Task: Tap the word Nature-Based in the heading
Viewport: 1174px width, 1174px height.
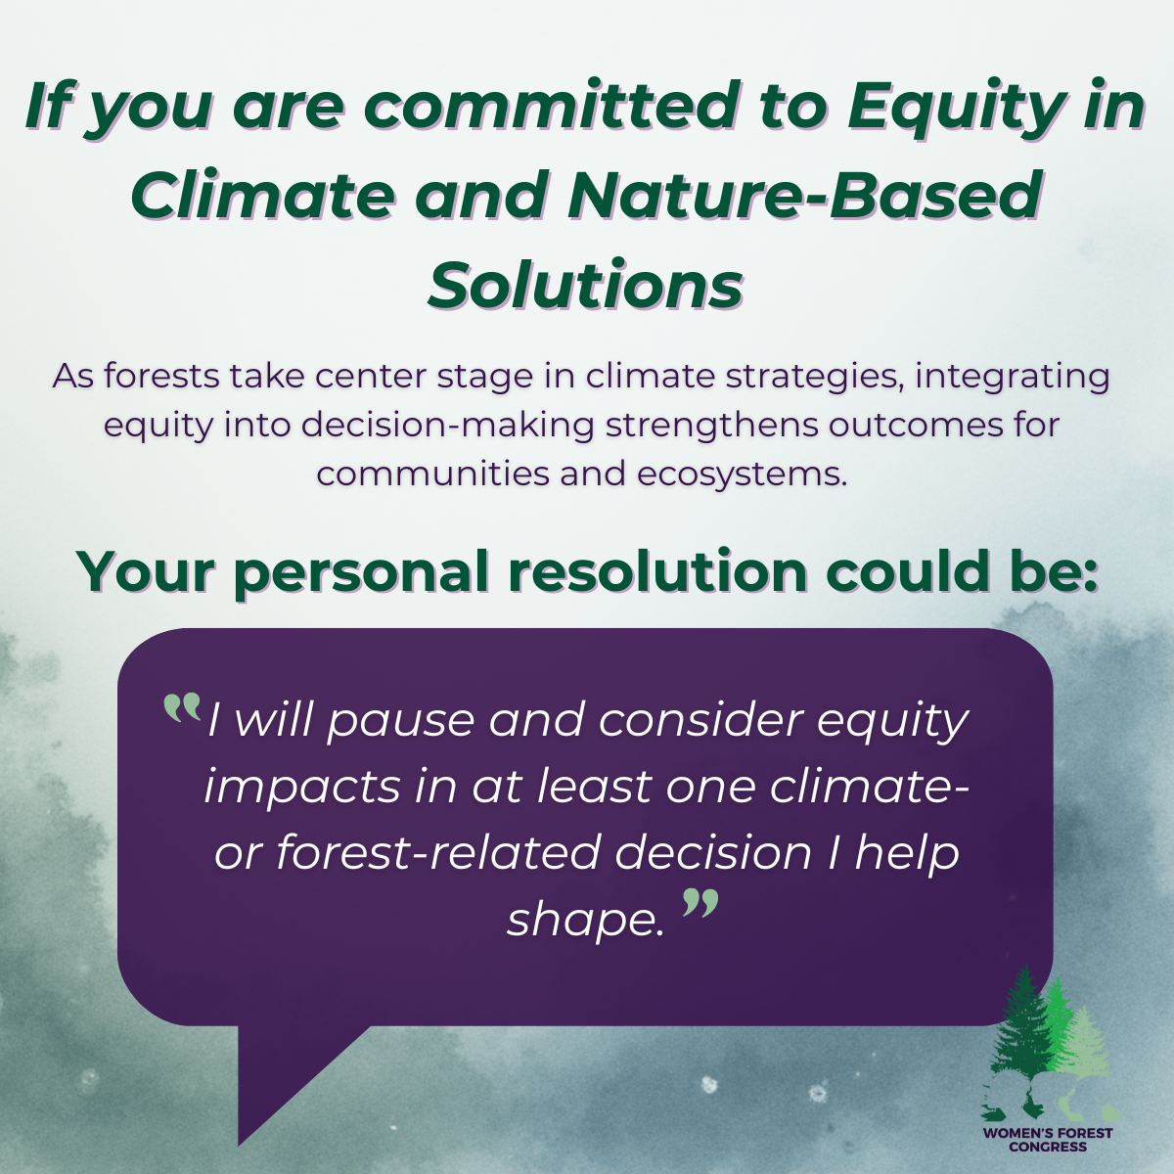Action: pyautogui.click(x=802, y=197)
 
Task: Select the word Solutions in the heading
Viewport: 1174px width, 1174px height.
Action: pyautogui.click(x=585, y=285)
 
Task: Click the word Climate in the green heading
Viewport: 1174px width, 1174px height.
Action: pyautogui.click(x=262, y=197)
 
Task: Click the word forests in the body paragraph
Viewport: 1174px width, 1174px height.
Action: pyautogui.click(x=161, y=376)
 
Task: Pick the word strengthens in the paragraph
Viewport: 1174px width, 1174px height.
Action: pyautogui.click(x=711, y=426)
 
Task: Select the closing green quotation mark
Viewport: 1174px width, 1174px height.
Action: pyautogui.click(x=700, y=903)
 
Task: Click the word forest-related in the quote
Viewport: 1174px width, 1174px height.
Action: pyautogui.click(x=439, y=853)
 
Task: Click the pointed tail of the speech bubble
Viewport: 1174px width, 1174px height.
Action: pyautogui.click(x=239, y=1144)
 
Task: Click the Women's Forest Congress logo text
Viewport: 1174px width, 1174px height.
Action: pyautogui.click(x=1048, y=1140)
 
